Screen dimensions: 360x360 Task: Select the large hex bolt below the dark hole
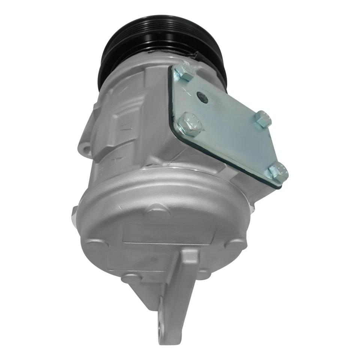[190, 123]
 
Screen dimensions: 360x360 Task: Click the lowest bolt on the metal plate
[279, 172]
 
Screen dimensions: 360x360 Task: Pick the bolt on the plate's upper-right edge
[262, 119]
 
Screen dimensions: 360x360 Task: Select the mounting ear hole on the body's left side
[86, 150]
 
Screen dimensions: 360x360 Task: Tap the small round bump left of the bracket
[129, 277]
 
